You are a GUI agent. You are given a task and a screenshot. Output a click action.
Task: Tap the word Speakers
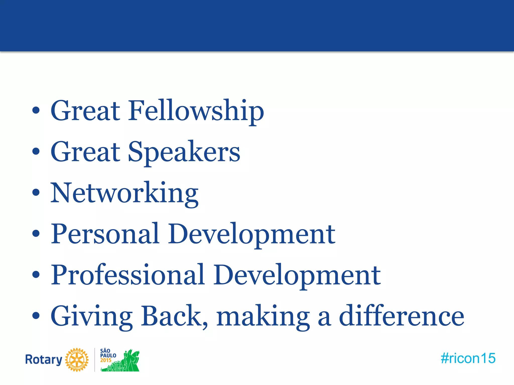pos(184,152)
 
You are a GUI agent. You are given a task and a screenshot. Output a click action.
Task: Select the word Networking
pos(124,193)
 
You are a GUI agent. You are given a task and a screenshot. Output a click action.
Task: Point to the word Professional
pos(128,275)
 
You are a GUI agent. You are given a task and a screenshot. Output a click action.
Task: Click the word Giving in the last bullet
pos(92,316)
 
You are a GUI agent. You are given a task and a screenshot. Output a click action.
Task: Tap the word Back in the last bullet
pos(174,316)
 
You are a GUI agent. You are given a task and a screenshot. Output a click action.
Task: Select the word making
pos(263,316)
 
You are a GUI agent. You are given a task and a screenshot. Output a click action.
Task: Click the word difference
pos(402,316)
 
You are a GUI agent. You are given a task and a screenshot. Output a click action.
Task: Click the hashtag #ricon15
pos(468,358)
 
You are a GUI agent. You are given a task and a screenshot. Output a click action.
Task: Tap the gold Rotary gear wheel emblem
pos(77,360)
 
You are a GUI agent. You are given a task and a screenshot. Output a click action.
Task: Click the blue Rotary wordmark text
pos(44,360)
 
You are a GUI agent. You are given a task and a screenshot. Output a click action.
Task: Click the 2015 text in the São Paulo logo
pos(106,360)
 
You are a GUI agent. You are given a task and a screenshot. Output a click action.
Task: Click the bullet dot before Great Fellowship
pos(36,111)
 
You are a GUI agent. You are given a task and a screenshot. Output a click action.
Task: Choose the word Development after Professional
pos(297,275)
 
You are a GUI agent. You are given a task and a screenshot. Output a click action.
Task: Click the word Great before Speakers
pos(85,152)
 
